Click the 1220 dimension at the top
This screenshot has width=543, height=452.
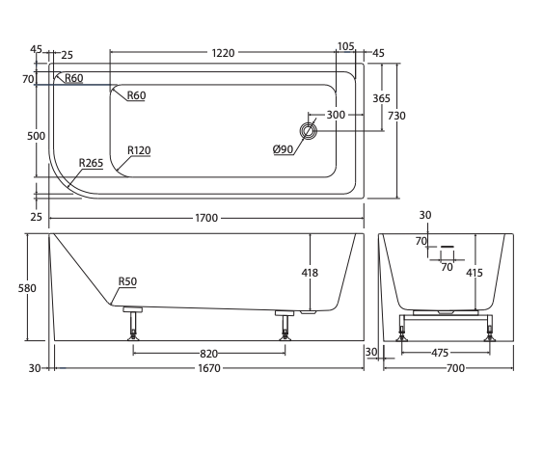[223, 53]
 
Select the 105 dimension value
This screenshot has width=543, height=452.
[345, 46]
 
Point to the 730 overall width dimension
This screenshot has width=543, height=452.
[396, 116]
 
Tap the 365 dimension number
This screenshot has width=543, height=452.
[381, 98]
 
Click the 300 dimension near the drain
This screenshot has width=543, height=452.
[336, 115]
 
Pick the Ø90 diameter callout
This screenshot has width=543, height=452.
[283, 149]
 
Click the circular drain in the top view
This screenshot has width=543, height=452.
[308, 131]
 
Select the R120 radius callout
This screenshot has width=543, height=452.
[139, 150]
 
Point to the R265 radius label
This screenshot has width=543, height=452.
[91, 163]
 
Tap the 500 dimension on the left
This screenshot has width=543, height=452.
[36, 136]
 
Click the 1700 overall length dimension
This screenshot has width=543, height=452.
[206, 218]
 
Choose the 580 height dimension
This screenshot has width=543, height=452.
[27, 288]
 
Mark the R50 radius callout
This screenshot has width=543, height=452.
[127, 281]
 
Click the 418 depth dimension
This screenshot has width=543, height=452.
[310, 273]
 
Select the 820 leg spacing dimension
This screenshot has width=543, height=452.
[209, 354]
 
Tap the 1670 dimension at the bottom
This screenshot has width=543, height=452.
[209, 368]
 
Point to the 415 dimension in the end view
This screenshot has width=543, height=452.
[475, 273]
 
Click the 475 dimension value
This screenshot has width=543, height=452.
[440, 353]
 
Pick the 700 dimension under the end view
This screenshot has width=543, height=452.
[455, 368]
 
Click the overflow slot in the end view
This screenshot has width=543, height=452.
[448, 247]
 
